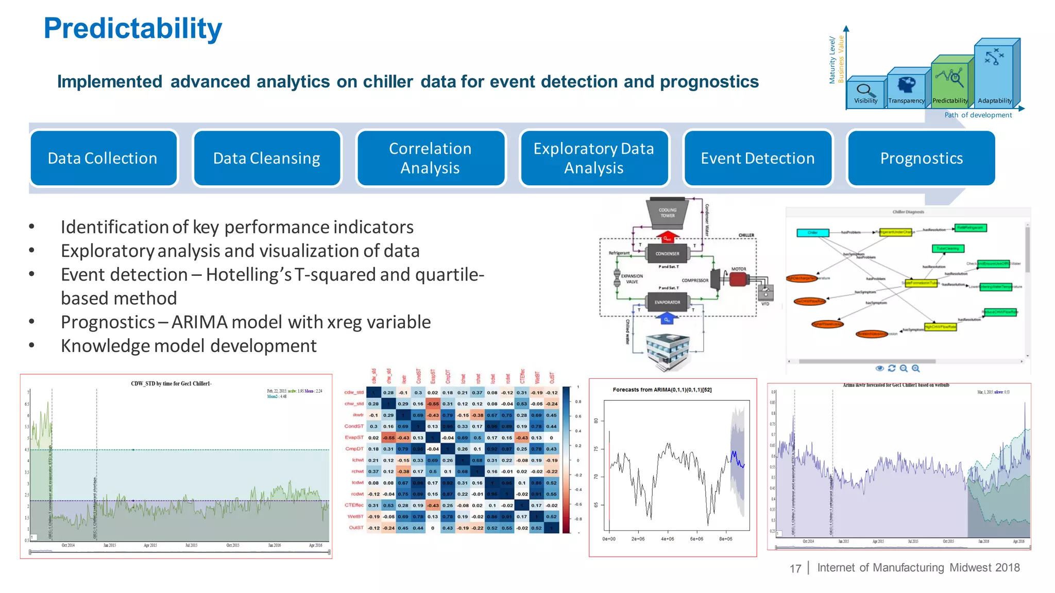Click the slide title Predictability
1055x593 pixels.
pyautogui.click(x=133, y=29)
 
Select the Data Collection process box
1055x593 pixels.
pyautogui.click(x=103, y=158)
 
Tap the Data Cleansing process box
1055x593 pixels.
pyautogui.click(x=267, y=158)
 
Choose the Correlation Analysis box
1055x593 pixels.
pyautogui.click(x=430, y=158)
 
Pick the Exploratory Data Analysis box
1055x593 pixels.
pyautogui.click(x=594, y=158)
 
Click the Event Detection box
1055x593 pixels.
pyautogui.click(x=758, y=158)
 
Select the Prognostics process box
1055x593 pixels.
pyautogui.click(x=922, y=158)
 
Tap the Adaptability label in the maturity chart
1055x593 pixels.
pyautogui.click(x=995, y=101)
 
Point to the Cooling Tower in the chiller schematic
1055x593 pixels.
pyautogui.click(x=668, y=213)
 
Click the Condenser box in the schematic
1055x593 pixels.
pyautogui.click(x=667, y=253)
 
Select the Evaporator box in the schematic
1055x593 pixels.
pyautogui.click(x=667, y=302)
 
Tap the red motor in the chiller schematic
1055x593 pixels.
pyautogui.click(x=739, y=279)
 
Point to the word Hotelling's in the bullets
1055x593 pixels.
pyautogui.click(x=249, y=275)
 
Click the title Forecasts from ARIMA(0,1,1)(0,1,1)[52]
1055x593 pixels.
pyautogui.click(x=662, y=390)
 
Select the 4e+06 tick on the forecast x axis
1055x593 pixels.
pyautogui.click(x=667, y=539)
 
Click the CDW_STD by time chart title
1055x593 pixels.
pyautogui.click(x=171, y=383)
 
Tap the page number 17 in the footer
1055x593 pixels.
pyautogui.click(x=795, y=568)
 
